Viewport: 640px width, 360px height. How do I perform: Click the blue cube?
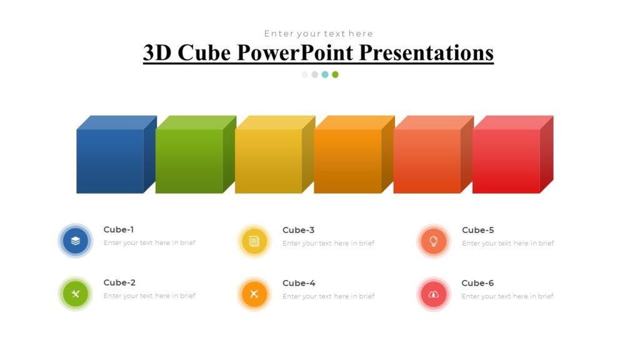coord(111,161)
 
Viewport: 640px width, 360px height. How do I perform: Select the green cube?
coord(189,161)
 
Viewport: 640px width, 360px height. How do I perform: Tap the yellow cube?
coord(269,161)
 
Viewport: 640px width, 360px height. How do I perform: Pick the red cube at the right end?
coord(506,161)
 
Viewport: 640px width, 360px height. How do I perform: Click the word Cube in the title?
coord(204,53)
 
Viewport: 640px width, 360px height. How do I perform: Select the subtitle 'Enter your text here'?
coord(318,34)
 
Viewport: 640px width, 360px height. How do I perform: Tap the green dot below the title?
coord(335,74)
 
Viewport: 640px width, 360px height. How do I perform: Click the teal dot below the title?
coord(325,74)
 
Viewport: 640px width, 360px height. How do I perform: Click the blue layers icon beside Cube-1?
coord(76,241)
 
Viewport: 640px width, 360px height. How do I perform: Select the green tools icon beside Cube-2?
coord(76,294)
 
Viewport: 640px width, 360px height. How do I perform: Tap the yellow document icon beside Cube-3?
coord(254,241)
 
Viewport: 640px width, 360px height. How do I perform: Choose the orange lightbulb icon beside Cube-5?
coord(434,241)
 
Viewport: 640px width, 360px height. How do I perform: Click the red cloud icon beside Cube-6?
coord(434,294)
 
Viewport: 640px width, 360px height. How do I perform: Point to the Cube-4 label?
coord(299,283)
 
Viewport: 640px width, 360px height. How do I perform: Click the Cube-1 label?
coord(119,229)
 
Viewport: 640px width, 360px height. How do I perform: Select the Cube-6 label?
coord(477,283)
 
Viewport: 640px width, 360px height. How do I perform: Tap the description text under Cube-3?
coord(328,243)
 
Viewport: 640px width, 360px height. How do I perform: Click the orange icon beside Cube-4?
coord(254,294)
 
